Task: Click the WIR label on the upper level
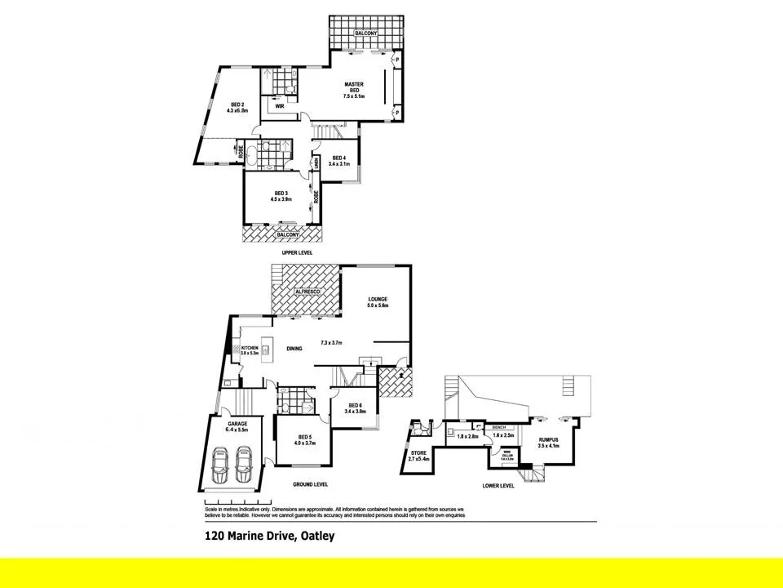click(x=279, y=106)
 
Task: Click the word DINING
click(x=294, y=349)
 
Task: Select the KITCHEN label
click(x=250, y=349)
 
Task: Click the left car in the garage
click(x=220, y=466)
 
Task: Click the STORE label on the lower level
click(x=418, y=452)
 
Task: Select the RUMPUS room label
click(x=548, y=441)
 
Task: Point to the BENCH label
click(x=499, y=427)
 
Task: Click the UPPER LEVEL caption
click(x=297, y=253)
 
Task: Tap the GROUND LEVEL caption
click(x=310, y=484)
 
